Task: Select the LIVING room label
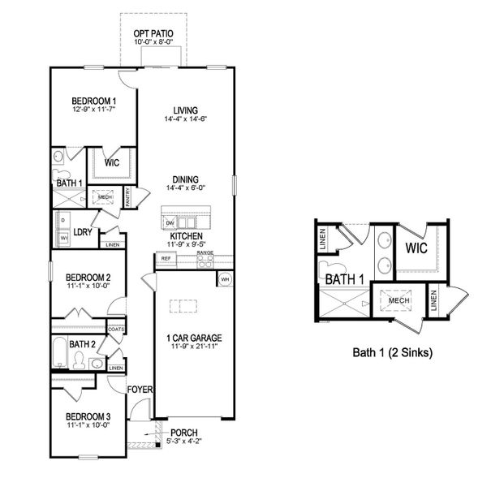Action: point(186,110)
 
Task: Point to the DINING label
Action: point(186,180)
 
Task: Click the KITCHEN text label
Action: point(186,236)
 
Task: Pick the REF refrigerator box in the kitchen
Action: point(165,258)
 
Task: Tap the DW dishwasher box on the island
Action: point(170,222)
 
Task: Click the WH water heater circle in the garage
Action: point(224,280)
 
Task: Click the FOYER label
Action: point(140,390)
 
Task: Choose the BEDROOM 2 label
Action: point(88,278)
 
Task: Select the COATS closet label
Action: point(117,330)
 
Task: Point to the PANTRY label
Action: point(127,196)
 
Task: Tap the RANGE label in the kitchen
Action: point(205,253)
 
